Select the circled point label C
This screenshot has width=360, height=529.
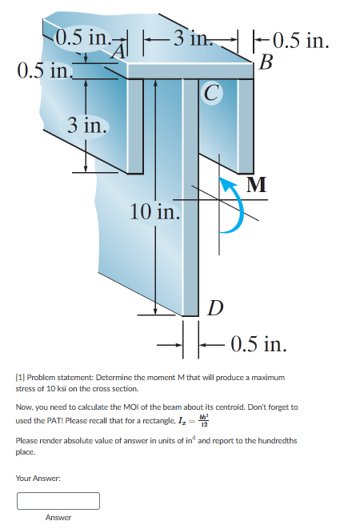coord(210,94)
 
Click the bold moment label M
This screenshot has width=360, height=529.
coord(256,185)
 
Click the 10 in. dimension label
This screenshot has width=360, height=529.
coord(154,212)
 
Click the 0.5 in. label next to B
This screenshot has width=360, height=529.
coord(302,40)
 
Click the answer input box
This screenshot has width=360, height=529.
coord(58,501)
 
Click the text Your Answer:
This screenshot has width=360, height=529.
coord(39,479)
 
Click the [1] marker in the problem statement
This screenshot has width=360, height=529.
coord(21,376)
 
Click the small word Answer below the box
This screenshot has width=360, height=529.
coord(58,518)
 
